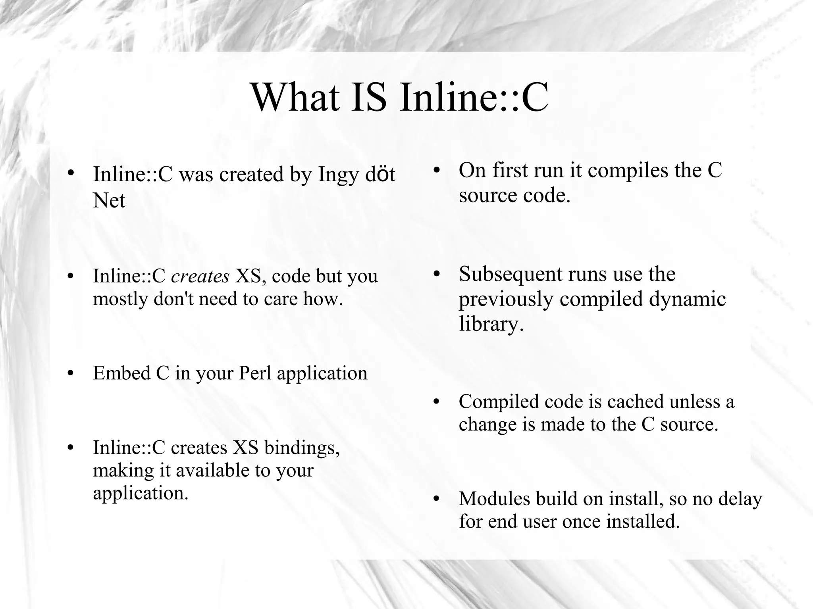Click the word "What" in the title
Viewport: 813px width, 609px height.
pyautogui.click(x=296, y=97)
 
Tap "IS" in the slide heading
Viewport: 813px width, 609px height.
pyautogui.click(x=368, y=97)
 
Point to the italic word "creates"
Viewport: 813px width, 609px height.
pyautogui.click(x=200, y=276)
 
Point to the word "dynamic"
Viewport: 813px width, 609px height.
pyautogui.click(x=687, y=299)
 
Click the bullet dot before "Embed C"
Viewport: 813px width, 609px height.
pyautogui.click(x=71, y=373)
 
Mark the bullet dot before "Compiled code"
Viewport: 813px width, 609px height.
pyautogui.click(x=437, y=402)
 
